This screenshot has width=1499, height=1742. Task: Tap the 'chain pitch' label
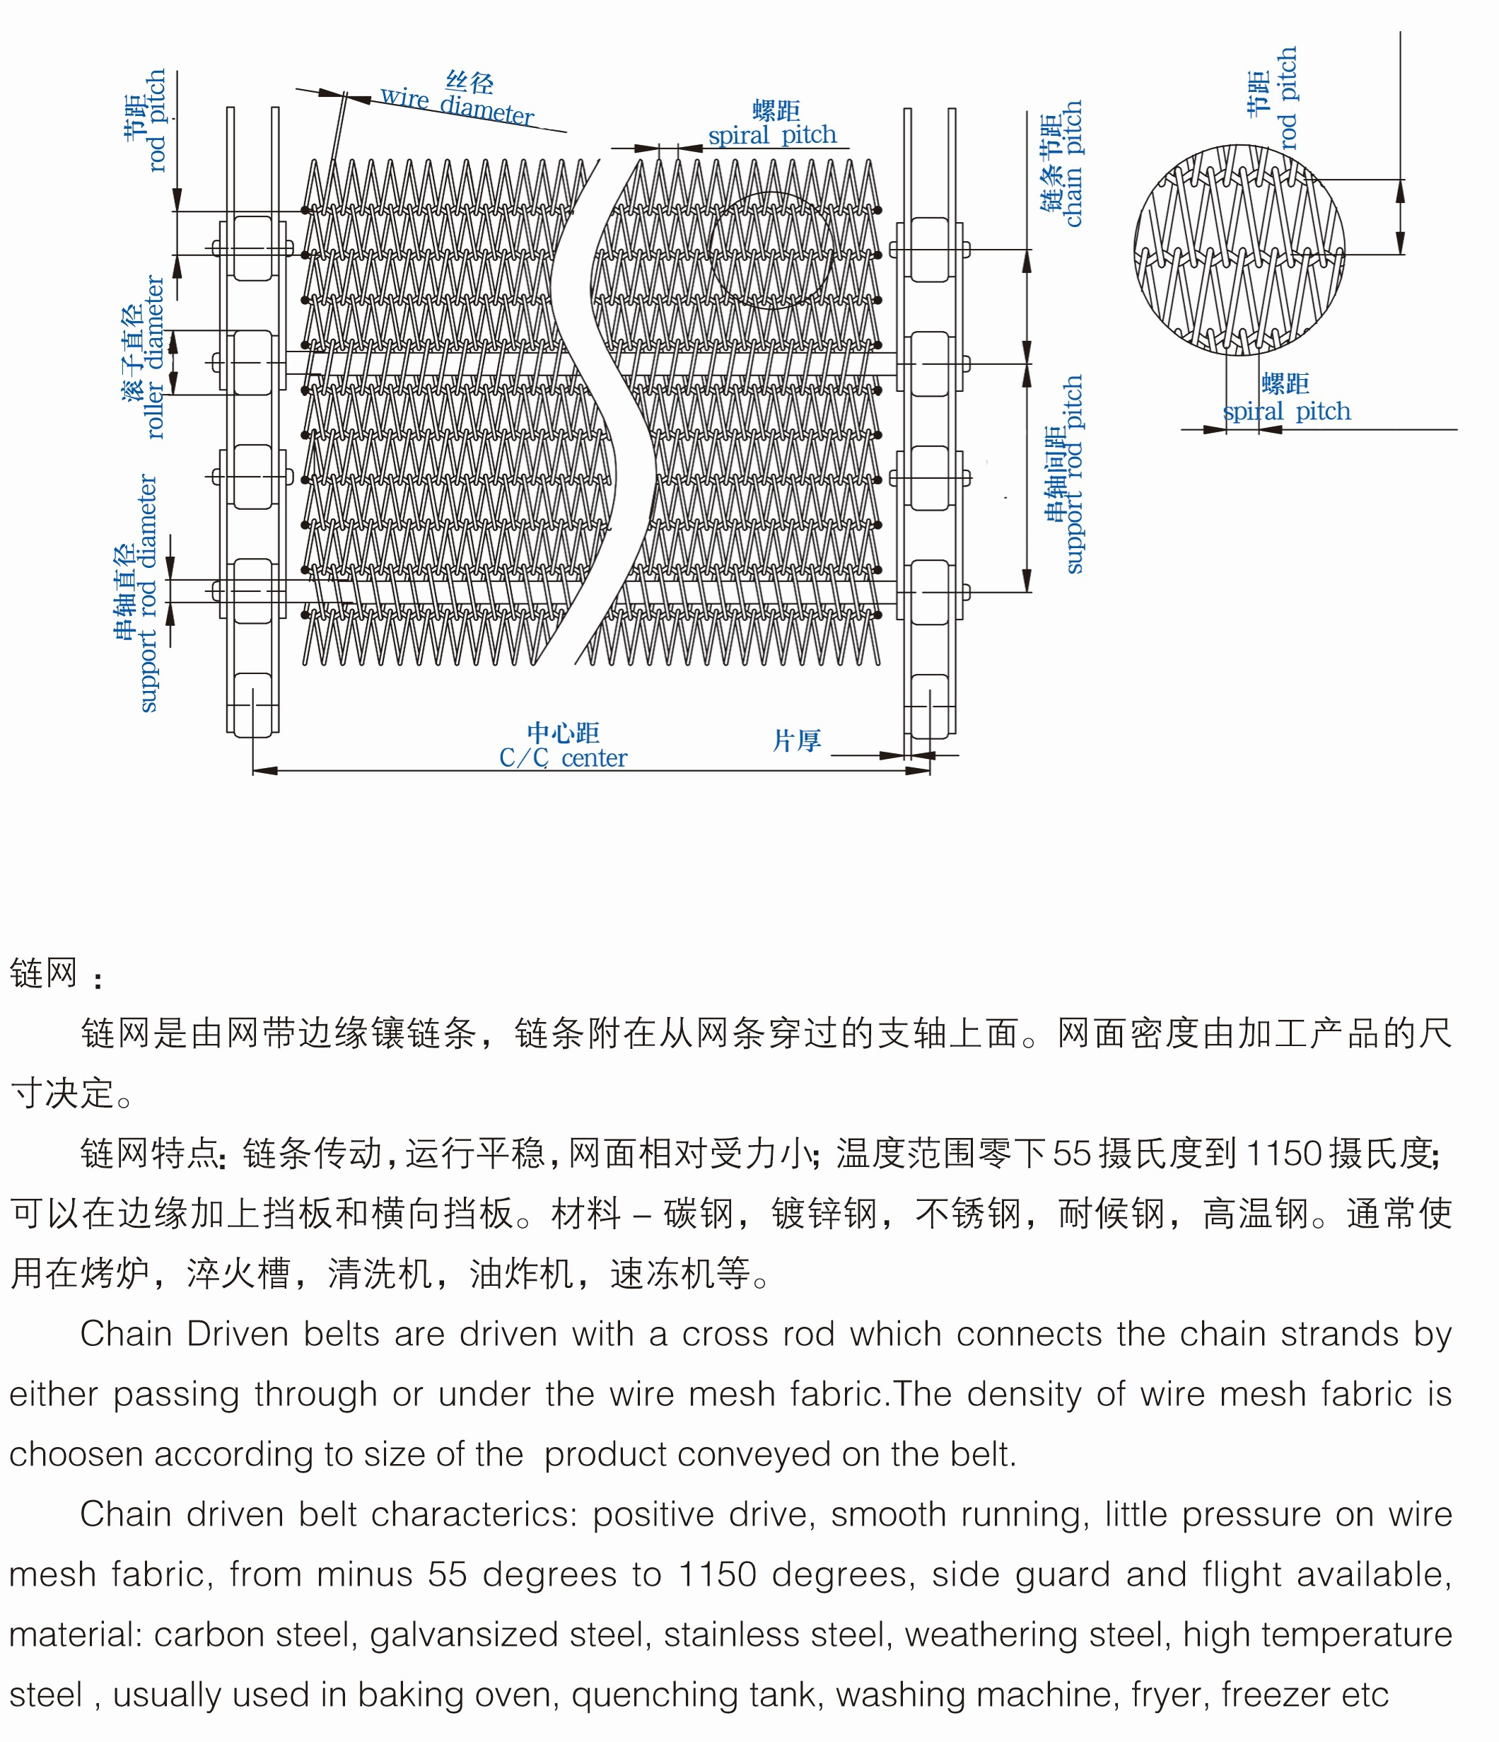coord(1072,164)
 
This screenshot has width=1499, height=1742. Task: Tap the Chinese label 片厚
coord(796,741)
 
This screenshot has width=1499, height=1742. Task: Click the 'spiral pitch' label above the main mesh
coord(772,134)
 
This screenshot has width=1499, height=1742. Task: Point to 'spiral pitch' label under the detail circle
coord(1286,411)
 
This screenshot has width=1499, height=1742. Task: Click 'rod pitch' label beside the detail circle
coord(1286,98)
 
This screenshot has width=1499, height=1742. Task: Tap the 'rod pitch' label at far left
coord(156,120)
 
